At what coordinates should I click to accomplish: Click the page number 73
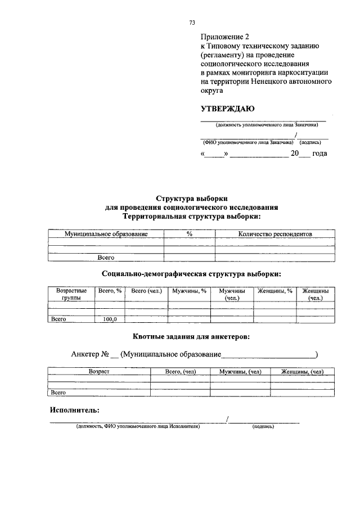[192, 22]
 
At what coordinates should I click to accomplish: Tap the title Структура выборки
[192, 198]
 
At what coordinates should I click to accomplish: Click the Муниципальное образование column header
[106, 233]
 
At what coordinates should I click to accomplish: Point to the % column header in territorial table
[190, 233]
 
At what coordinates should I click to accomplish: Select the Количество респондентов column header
[274, 233]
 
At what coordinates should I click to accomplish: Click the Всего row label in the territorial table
[106, 258]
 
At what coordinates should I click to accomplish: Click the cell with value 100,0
[109, 319]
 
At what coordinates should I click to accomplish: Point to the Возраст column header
[99, 372]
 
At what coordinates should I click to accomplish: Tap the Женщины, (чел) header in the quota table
[302, 372]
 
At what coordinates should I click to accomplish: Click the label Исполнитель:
[74, 410]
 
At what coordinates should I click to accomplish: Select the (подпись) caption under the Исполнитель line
[263, 427]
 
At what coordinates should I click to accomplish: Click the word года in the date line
[319, 153]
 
